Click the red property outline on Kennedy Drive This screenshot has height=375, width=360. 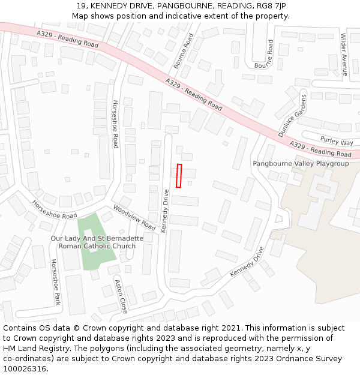179,176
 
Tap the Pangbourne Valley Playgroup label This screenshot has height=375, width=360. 300,164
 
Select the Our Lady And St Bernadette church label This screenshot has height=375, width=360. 97,242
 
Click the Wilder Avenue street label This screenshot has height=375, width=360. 344,54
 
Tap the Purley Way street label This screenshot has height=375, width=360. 337,142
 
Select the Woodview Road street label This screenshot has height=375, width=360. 134,217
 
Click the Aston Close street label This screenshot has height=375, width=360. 121,296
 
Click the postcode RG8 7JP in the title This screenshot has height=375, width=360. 271,5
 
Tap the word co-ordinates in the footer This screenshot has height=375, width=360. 25,359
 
